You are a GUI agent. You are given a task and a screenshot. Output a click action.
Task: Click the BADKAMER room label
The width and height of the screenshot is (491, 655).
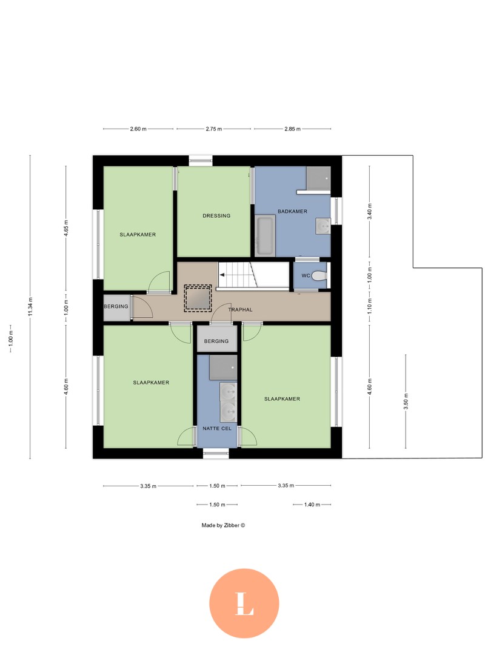pos(292,211)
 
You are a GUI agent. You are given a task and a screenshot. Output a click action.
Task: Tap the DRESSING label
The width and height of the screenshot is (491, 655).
pos(216,215)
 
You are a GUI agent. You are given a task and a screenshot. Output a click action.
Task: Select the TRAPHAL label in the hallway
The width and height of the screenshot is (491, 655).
pos(239,310)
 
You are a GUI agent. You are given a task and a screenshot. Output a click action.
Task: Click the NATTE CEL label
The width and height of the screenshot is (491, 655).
pos(218,429)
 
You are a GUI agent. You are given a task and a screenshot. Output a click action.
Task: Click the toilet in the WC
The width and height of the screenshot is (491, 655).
pos(319,275)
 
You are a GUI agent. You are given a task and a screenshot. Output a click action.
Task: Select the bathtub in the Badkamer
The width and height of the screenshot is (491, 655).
pos(265,235)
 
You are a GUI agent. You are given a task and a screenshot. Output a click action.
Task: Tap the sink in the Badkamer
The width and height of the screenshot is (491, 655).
pos(323,226)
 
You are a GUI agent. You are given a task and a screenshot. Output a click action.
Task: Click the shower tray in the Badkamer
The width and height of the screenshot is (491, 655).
pos(318,178)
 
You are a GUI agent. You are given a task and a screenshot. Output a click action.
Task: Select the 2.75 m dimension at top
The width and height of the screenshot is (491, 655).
pos(213,129)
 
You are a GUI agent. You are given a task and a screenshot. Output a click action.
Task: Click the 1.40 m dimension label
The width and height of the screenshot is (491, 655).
pos(312,505)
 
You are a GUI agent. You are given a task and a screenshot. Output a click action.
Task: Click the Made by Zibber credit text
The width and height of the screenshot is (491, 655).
pos(223,525)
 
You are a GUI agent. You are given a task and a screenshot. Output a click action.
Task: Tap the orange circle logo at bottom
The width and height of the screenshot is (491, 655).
pos(244,603)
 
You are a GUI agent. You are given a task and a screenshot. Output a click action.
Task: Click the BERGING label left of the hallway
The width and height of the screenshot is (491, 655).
pos(116,306)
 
